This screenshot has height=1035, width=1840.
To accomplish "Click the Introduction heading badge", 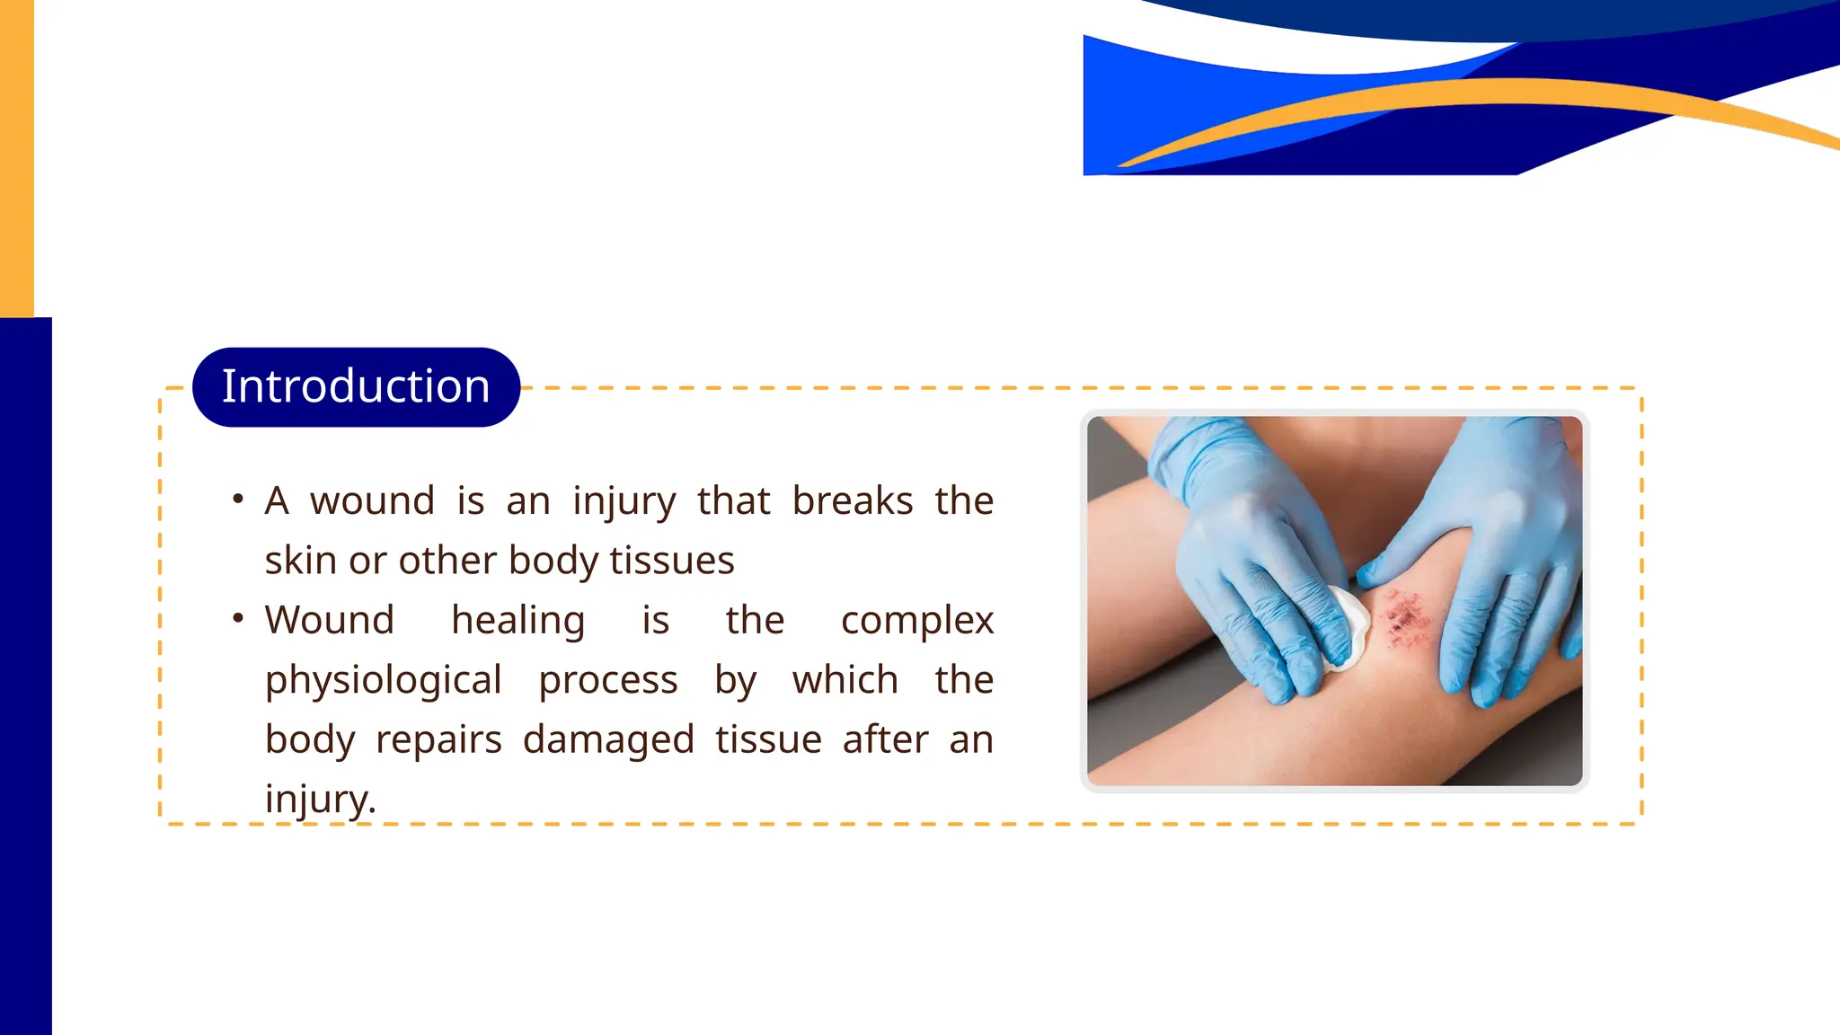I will [x=356, y=387].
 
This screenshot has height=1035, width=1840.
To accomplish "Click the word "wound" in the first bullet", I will [x=372, y=501].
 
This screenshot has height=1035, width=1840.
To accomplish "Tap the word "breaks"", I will [x=852, y=501].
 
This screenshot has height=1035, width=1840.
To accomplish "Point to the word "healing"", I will [x=517, y=621].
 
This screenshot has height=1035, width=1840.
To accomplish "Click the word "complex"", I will [x=916, y=621].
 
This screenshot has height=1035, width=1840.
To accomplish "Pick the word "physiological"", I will [x=383, y=681].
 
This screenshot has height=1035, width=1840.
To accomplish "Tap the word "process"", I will [x=608, y=681].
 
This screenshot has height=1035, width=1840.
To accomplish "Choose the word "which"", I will [x=845, y=680].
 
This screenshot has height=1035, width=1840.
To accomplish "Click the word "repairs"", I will [x=438, y=740].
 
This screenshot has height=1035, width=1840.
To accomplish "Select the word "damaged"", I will [x=608, y=740].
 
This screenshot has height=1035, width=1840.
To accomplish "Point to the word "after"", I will [x=885, y=740].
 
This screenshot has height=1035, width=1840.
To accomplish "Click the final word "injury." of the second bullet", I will [x=320, y=800].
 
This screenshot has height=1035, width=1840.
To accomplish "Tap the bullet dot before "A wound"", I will [x=238, y=499].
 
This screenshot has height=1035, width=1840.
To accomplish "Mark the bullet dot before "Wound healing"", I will [x=238, y=618].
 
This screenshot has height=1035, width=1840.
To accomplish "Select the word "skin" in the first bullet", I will [x=300, y=561].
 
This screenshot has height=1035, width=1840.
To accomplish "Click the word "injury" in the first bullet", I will [x=624, y=501].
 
